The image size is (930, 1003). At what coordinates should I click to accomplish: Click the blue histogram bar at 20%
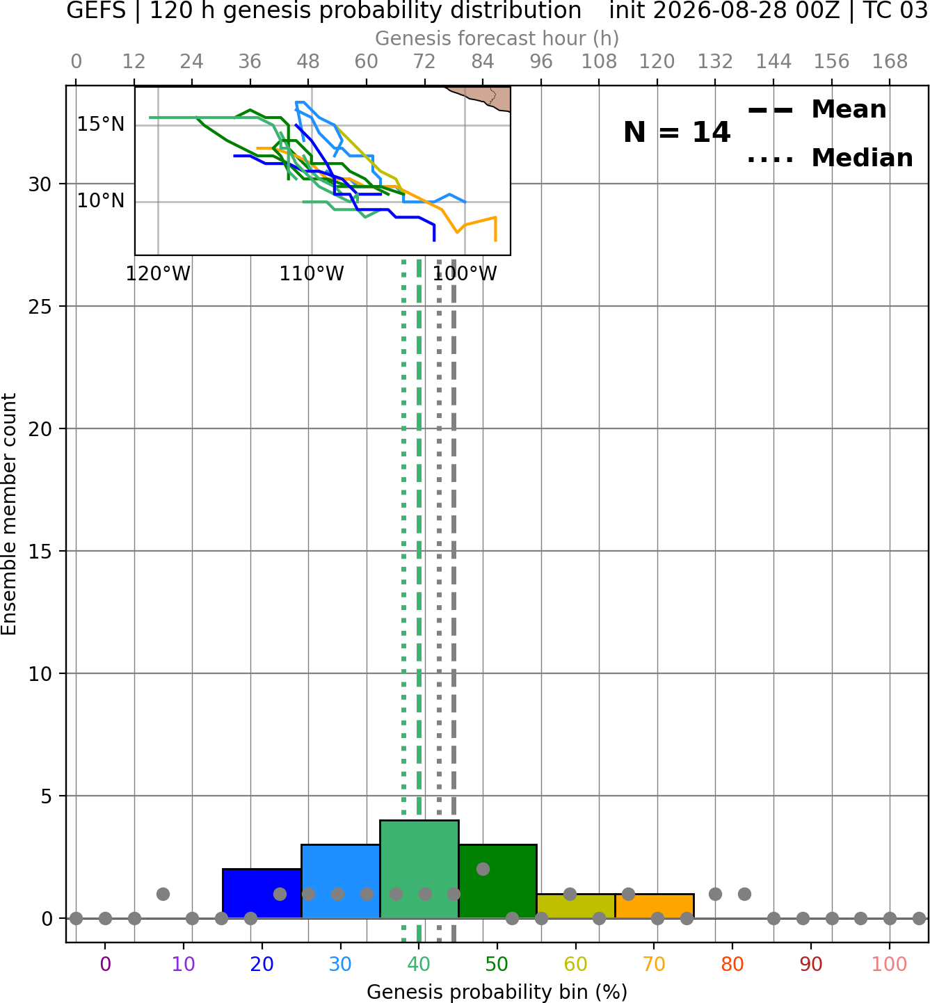pyautogui.click(x=262, y=893)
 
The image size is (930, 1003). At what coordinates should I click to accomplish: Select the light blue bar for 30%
pyautogui.click(x=340, y=881)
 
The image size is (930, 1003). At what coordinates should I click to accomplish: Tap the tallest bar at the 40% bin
pyautogui.click(x=419, y=869)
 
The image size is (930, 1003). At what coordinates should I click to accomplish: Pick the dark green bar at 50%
pyautogui.click(x=497, y=881)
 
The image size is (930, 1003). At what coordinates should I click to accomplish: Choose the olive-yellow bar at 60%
pyautogui.click(x=576, y=906)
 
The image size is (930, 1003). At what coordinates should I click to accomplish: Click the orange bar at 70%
pyautogui.click(x=655, y=906)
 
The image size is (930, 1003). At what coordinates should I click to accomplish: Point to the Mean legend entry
pyautogui.click(x=817, y=110)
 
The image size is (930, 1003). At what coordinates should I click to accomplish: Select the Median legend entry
pyautogui.click(x=831, y=158)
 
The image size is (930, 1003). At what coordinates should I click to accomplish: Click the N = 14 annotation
pyautogui.click(x=677, y=132)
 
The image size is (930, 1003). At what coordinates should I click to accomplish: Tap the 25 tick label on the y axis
pyautogui.click(x=40, y=307)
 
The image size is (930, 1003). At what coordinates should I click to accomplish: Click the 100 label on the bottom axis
pyautogui.click(x=890, y=964)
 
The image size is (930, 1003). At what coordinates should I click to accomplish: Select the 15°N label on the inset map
pyautogui.click(x=101, y=125)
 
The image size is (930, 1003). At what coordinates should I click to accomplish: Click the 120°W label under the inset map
pyautogui.click(x=158, y=274)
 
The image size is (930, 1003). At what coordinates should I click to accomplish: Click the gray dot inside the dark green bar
pyautogui.click(x=483, y=869)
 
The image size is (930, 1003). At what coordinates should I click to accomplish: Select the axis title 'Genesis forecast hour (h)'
pyautogui.click(x=497, y=38)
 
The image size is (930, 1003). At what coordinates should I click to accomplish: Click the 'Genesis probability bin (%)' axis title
pyautogui.click(x=497, y=992)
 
